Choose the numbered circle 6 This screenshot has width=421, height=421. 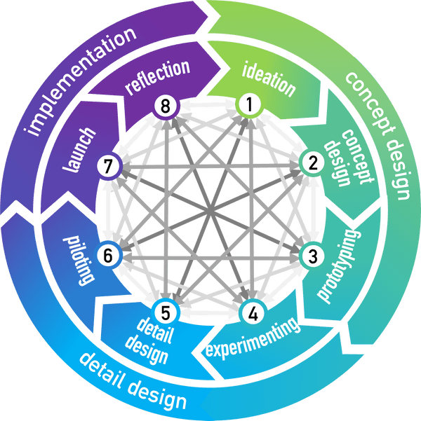click(x=107, y=256)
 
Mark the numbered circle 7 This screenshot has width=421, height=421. click(x=107, y=167)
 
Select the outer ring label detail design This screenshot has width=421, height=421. click(x=133, y=381)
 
